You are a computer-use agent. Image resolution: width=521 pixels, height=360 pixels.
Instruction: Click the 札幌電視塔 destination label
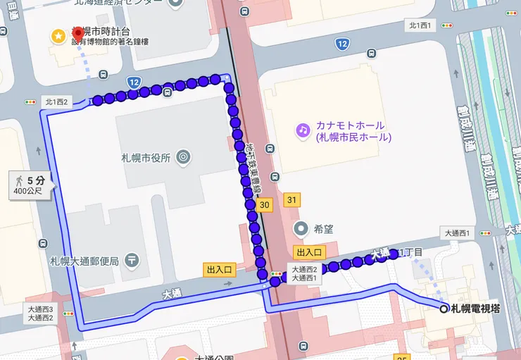(x=475, y=308)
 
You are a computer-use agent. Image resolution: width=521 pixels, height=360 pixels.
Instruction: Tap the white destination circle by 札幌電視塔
(x=444, y=308)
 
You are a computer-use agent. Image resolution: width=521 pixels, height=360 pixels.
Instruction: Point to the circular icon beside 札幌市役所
(x=184, y=156)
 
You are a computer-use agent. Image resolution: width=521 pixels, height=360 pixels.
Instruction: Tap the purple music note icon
(x=303, y=130)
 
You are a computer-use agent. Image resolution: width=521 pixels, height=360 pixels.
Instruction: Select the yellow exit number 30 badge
(x=264, y=204)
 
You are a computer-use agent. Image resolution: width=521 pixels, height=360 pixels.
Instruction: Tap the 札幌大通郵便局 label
(x=84, y=259)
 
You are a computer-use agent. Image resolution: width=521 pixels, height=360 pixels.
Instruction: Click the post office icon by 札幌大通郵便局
(x=132, y=260)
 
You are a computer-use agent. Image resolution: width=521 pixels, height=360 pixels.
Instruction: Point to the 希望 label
(x=324, y=228)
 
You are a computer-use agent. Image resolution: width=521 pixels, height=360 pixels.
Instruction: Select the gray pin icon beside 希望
(x=302, y=228)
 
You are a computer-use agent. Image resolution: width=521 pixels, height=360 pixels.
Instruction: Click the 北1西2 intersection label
(x=57, y=101)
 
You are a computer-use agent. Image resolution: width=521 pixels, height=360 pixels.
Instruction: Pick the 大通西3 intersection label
(x=41, y=309)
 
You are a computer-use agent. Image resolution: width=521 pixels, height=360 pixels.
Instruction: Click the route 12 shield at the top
(x=341, y=44)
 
